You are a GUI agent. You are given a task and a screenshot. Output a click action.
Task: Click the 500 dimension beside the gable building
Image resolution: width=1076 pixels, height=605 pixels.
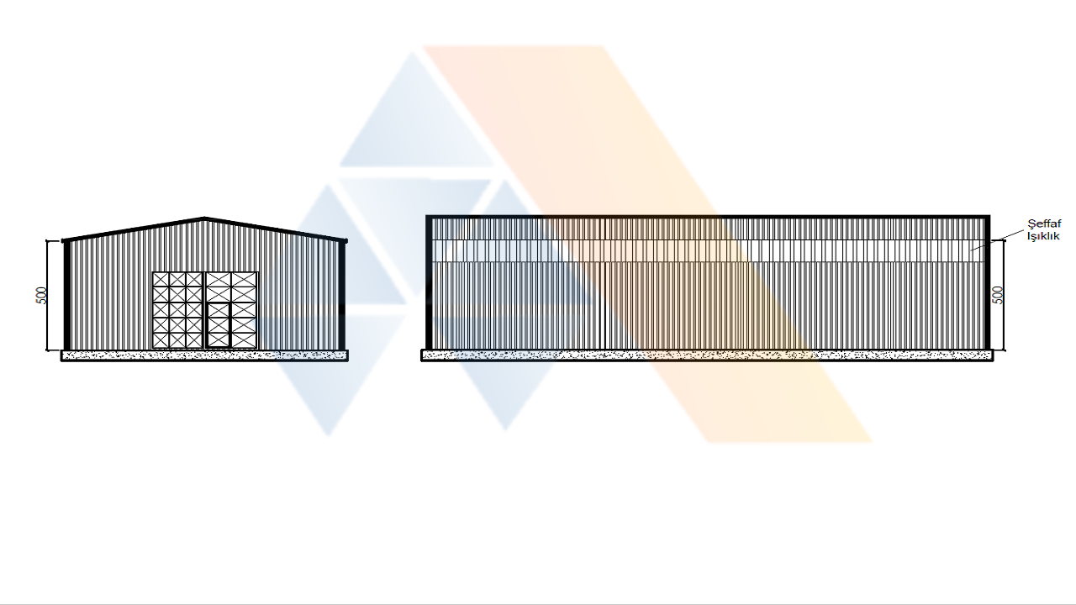(x=42, y=295)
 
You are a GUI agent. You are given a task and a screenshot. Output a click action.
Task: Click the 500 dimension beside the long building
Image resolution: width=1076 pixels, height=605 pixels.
(x=998, y=295)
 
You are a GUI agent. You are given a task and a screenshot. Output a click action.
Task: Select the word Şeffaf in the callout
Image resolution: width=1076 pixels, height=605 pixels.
(x=1044, y=224)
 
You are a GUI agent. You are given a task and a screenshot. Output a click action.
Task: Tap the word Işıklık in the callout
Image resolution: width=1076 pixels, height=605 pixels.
(x=1043, y=236)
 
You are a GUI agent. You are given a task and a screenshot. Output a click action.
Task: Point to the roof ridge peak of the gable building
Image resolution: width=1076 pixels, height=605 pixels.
(x=204, y=218)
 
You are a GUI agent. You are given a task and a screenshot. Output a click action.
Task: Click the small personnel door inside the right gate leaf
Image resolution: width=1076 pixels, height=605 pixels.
(x=219, y=324)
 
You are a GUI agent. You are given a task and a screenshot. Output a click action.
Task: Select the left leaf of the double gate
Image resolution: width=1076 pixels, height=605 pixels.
(x=177, y=310)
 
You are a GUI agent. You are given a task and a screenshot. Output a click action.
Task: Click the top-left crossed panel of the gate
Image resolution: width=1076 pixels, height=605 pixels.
(x=161, y=280)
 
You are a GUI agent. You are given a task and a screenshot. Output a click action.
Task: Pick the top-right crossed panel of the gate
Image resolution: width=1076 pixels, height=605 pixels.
(x=245, y=280)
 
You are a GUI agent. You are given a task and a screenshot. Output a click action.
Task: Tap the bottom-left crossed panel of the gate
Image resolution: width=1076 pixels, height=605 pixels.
(x=161, y=340)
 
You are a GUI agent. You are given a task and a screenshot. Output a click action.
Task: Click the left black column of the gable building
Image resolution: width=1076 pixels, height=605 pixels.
(x=67, y=295)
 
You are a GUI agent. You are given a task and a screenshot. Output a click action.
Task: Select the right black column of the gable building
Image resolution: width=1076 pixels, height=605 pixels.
(x=342, y=295)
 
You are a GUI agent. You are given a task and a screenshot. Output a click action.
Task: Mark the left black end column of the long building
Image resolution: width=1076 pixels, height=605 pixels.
(x=429, y=283)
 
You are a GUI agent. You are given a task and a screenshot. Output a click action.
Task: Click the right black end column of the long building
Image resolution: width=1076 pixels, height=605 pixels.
(x=987, y=283)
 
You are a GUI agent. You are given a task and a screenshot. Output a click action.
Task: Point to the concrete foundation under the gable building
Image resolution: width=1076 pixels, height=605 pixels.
(x=204, y=355)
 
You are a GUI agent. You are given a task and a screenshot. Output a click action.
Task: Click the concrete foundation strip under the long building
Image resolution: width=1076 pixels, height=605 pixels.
(x=707, y=355)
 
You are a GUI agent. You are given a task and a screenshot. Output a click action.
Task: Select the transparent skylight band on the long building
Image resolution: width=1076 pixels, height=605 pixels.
(x=708, y=250)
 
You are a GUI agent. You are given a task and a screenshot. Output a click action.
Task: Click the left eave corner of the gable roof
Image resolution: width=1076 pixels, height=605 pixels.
(x=64, y=240)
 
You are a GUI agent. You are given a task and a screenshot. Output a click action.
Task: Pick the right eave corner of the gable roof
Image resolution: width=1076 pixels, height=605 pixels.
(x=345, y=240)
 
